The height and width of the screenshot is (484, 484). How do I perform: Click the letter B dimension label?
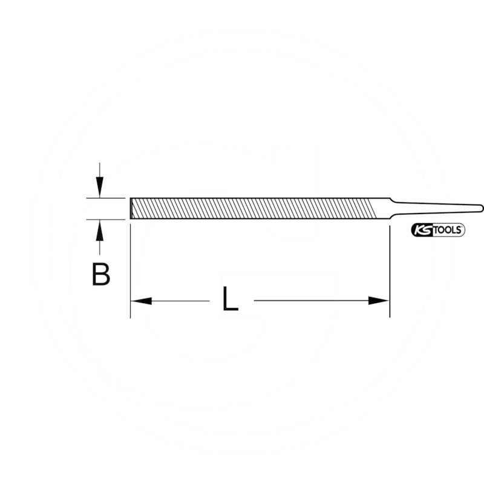click(x=101, y=273)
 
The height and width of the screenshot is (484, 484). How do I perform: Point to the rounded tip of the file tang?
click(x=480, y=208)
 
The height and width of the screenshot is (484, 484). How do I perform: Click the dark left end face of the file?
click(x=131, y=208)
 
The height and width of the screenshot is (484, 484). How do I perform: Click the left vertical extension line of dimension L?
click(x=131, y=266)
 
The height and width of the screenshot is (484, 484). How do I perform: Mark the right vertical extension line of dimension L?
click(x=389, y=266)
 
